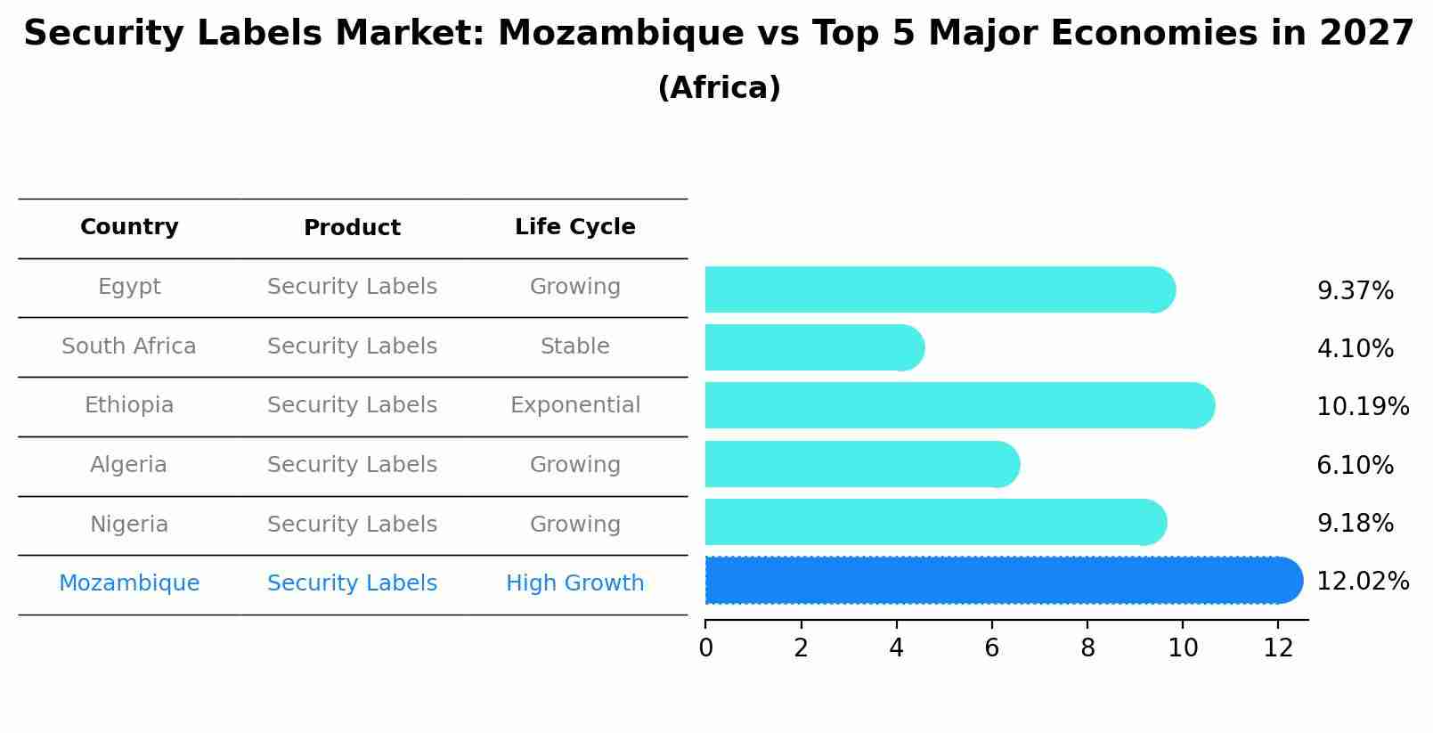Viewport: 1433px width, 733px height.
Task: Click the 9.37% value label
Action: [1355, 291]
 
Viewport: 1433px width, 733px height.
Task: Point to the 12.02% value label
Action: [1362, 582]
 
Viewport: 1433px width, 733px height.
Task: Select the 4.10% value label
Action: [1355, 349]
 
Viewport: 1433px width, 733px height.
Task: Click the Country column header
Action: [129, 227]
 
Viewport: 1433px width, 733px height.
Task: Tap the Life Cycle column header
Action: [574, 227]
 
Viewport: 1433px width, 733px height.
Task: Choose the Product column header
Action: [352, 228]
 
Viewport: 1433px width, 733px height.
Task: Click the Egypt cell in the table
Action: [129, 287]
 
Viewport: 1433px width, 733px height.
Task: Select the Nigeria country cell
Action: [129, 525]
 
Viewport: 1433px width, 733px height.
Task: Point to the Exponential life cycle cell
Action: [574, 405]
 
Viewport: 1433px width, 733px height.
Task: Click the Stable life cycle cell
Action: [574, 346]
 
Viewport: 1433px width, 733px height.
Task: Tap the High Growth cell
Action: [574, 583]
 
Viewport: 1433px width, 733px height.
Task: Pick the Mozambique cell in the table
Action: [129, 583]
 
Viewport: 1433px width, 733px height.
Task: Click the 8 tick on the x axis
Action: [1087, 648]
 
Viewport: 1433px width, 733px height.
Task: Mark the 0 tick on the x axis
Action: [706, 648]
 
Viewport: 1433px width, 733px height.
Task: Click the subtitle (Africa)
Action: [719, 88]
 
